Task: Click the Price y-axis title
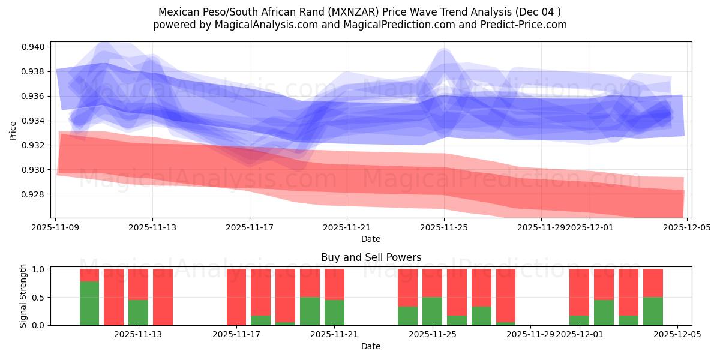click(13, 130)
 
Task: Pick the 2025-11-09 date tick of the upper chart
click(56, 228)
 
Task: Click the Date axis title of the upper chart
click(371, 239)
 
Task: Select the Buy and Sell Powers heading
click(371, 257)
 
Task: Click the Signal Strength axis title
click(23, 296)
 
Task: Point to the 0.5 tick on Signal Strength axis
click(38, 298)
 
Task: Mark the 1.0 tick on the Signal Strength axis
click(38, 269)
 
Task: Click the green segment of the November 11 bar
click(89, 304)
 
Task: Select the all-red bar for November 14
click(163, 297)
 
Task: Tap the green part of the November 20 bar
click(310, 311)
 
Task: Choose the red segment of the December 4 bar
click(653, 283)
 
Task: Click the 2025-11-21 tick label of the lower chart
click(334, 335)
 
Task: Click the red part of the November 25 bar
click(432, 283)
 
